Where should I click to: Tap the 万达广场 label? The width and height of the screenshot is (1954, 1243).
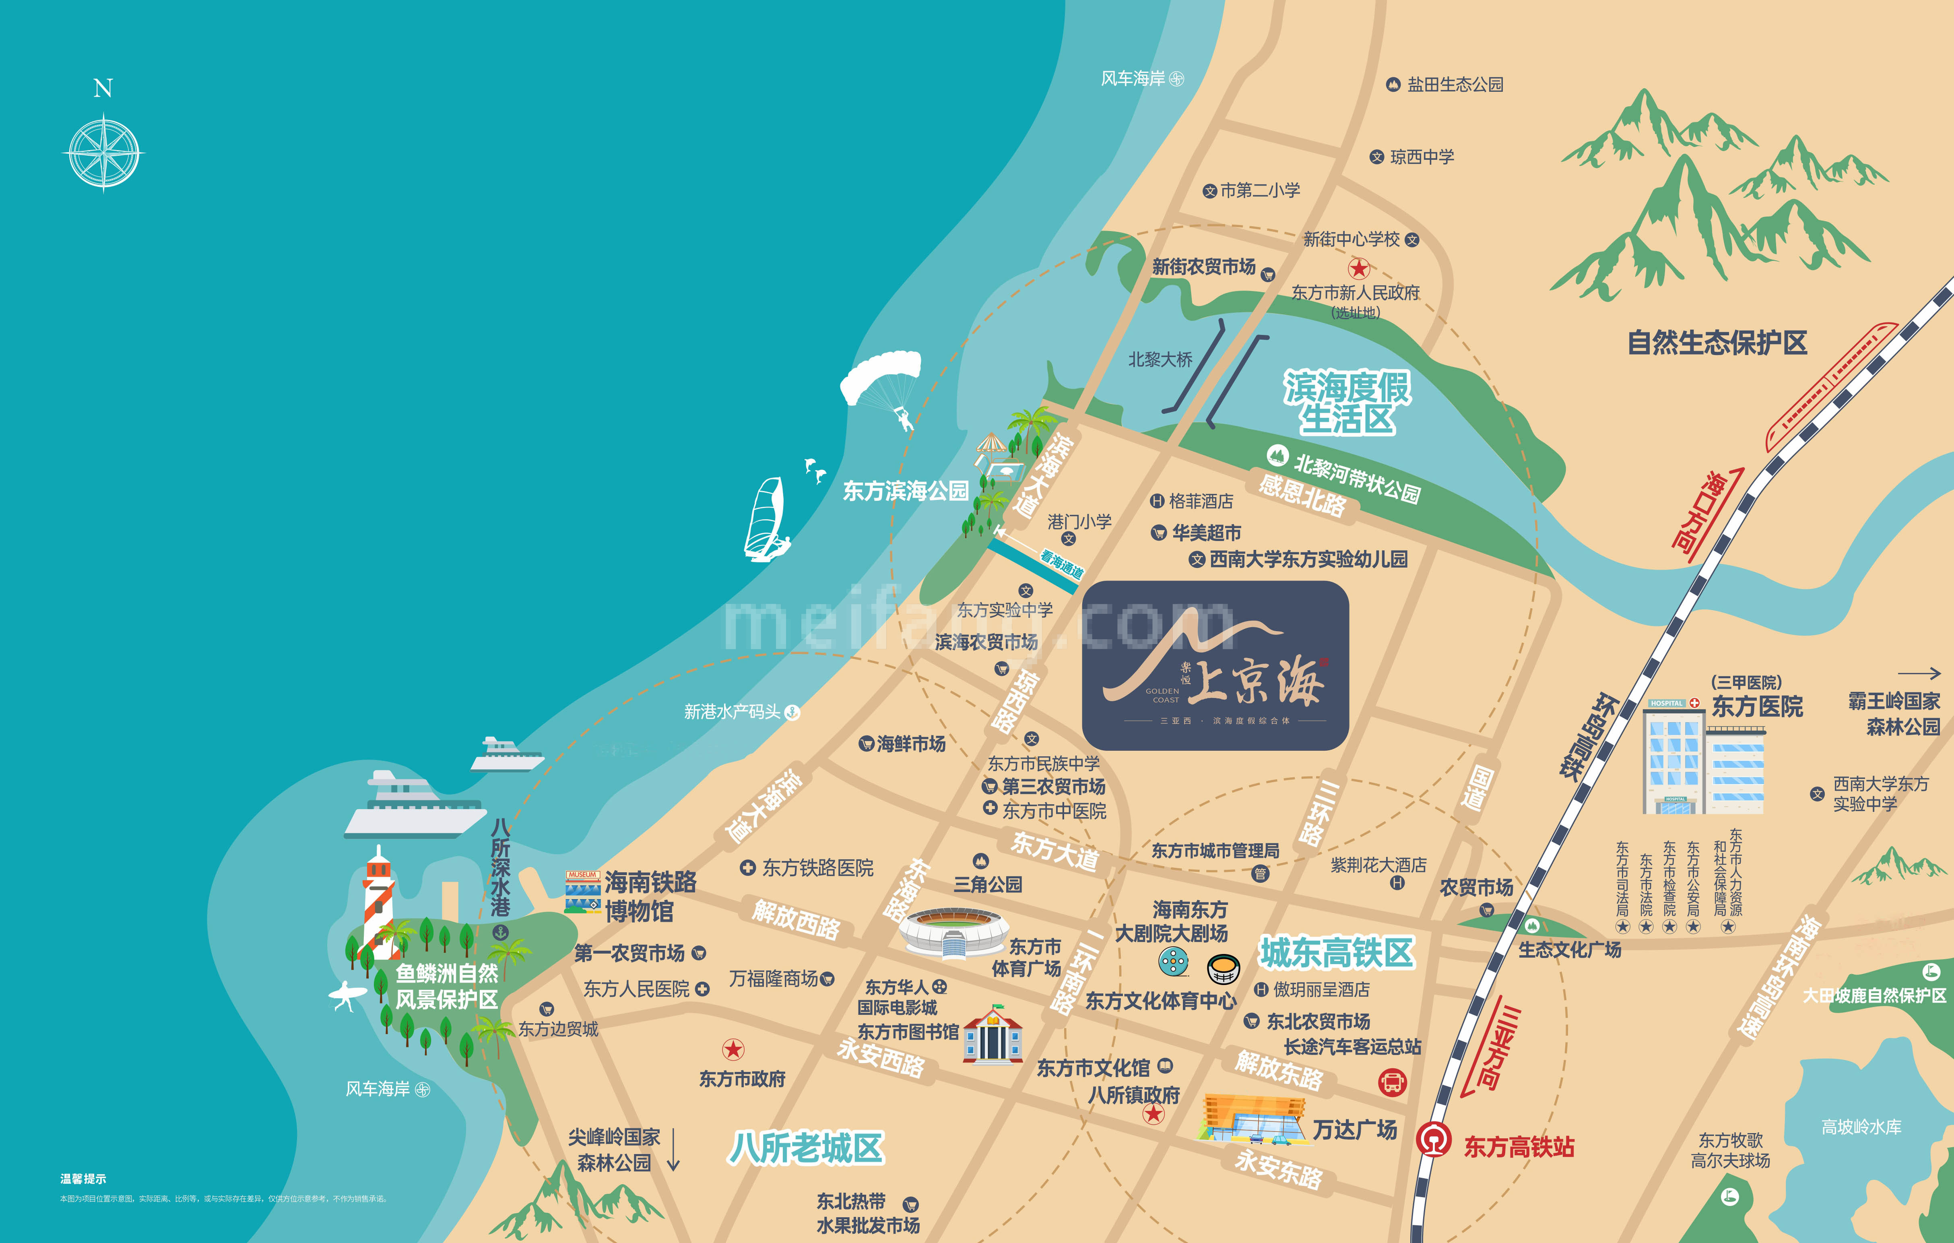coord(1355,1129)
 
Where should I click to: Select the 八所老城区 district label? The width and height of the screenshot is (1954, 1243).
coord(806,1148)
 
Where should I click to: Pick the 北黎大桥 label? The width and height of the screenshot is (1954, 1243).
coord(1160,359)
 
